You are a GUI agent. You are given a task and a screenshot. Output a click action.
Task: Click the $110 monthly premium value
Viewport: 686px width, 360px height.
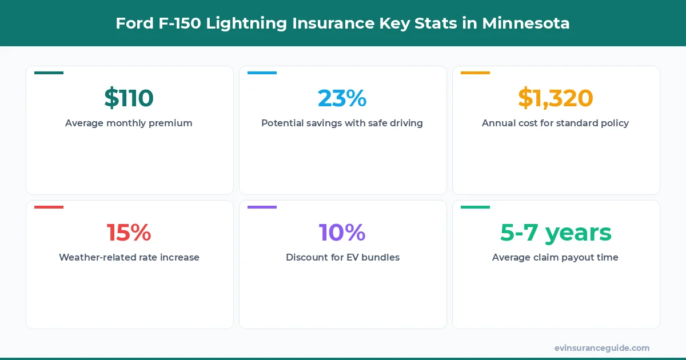[129, 98]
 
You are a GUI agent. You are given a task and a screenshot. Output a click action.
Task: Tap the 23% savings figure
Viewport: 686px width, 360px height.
[342, 98]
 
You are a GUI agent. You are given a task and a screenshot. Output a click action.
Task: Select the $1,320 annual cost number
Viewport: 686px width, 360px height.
[555, 98]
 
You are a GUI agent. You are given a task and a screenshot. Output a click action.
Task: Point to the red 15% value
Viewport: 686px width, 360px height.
[129, 233]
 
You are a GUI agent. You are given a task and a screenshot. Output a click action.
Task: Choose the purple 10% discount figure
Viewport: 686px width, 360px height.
[342, 233]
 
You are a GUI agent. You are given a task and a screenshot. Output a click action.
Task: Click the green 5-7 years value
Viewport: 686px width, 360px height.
[555, 233]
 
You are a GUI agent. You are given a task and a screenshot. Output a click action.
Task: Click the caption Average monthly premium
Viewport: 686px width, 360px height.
[129, 123]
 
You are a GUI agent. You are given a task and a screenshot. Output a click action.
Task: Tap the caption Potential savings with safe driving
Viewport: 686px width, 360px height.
[342, 123]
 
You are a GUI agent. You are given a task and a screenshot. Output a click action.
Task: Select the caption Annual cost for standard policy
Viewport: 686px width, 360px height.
[555, 123]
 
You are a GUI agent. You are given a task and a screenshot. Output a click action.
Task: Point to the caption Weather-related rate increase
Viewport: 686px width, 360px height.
[129, 257]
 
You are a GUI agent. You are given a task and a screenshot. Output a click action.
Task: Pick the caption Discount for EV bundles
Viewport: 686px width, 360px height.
[342, 257]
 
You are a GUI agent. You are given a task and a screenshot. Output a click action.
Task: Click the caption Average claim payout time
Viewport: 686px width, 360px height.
[555, 257]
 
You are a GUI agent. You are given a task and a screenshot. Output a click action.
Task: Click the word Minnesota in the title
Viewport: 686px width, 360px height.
[525, 23]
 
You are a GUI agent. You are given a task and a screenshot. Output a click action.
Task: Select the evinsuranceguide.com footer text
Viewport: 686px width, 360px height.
[601, 347]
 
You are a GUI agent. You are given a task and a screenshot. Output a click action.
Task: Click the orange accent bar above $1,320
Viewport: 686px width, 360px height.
[475, 73]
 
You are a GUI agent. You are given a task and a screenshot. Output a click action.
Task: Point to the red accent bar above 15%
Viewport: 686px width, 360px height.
[49, 207]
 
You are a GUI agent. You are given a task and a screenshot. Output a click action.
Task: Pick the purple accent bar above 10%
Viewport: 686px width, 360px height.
[262, 207]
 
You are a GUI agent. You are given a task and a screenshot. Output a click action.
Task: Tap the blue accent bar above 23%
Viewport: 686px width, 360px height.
[262, 73]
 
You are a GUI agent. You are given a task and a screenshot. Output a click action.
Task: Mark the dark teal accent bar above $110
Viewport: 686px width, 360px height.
[49, 73]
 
